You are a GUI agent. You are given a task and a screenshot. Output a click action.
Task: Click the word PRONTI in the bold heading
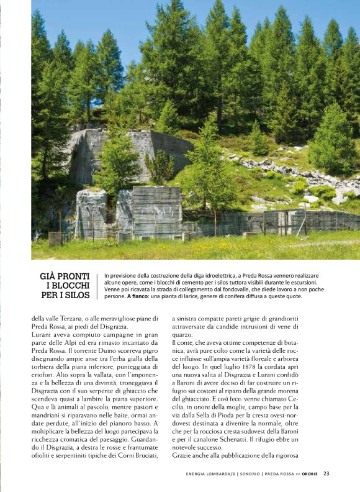(x=73, y=275)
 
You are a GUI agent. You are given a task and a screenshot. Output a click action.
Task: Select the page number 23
(x=326, y=473)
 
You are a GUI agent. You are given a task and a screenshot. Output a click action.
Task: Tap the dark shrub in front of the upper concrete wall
(x=160, y=166)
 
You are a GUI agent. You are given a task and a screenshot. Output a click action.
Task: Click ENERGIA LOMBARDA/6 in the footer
(x=210, y=473)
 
